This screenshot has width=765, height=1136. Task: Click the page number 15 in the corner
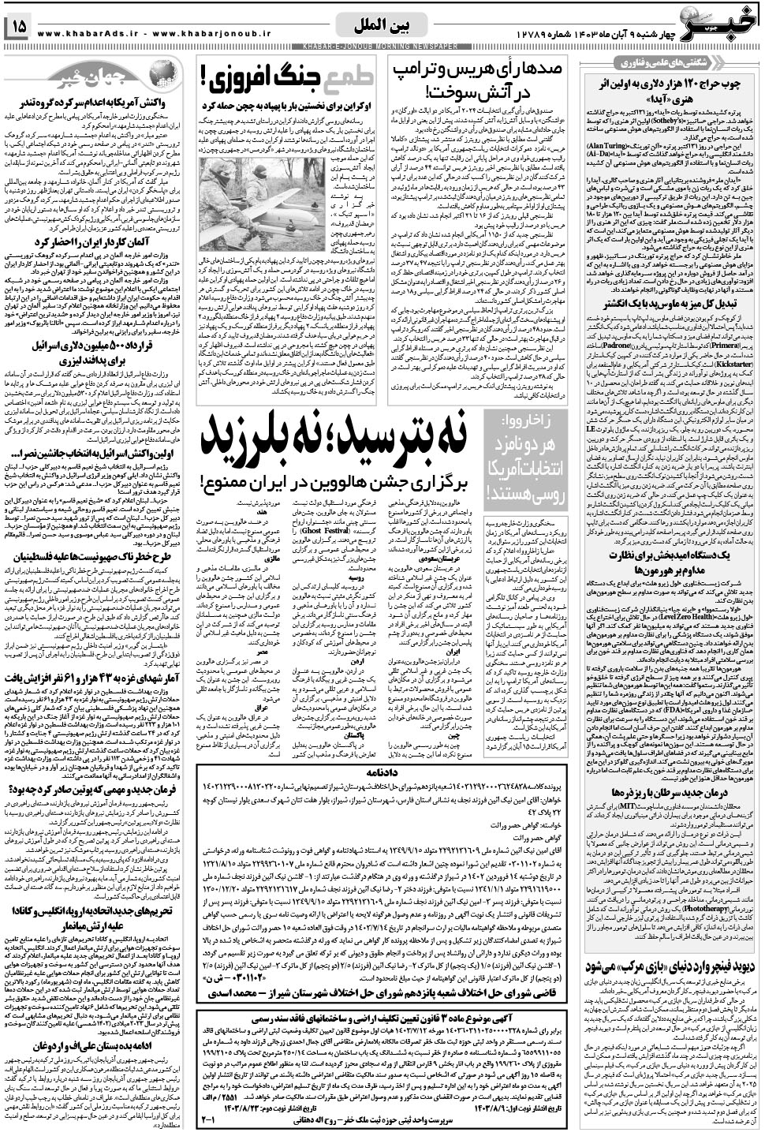click(18, 27)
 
